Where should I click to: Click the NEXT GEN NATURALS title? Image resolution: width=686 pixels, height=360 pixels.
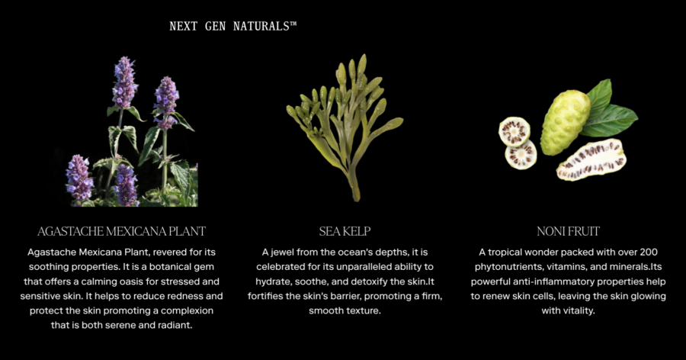click(232, 26)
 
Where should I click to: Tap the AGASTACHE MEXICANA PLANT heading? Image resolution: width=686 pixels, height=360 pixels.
click(121, 231)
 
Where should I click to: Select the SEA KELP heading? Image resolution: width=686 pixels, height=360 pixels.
click(345, 231)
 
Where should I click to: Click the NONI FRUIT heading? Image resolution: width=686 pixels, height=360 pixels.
click(569, 231)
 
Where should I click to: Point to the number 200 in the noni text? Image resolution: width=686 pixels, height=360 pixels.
click(649, 252)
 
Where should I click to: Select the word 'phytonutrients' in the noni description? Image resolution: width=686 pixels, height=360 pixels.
click(508, 267)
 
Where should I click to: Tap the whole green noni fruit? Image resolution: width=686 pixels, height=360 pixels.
click(565, 122)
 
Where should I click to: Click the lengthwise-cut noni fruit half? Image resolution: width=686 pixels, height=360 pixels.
click(591, 159)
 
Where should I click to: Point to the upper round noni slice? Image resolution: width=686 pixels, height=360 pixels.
click(514, 131)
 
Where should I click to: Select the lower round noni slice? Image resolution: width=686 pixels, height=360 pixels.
click(521, 155)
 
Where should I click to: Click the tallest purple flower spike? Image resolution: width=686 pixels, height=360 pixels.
click(125, 82)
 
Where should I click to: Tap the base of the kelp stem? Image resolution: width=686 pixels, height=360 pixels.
click(356, 198)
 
